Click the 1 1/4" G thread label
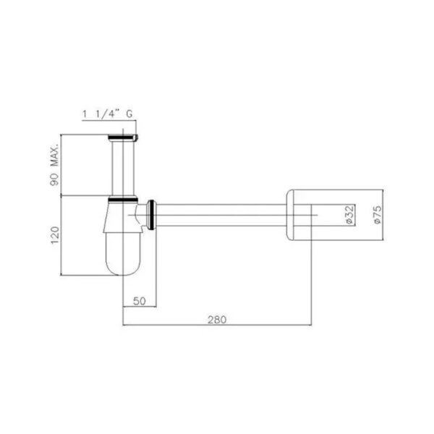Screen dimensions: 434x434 click(x=107, y=114)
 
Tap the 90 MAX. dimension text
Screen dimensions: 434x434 click(x=55, y=165)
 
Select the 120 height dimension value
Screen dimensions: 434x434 click(x=55, y=235)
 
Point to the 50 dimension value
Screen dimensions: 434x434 click(x=139, y=301)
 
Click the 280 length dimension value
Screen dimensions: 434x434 click(x=217, y=320)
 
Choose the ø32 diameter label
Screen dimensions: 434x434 click(x=349, y=214)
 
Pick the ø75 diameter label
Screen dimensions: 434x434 click(x=378, y=214)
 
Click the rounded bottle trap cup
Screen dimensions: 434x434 click(x=123, y=253)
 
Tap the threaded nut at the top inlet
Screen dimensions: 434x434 click(x=123, y=137)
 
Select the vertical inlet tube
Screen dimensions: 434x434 click(x=123, y=168)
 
